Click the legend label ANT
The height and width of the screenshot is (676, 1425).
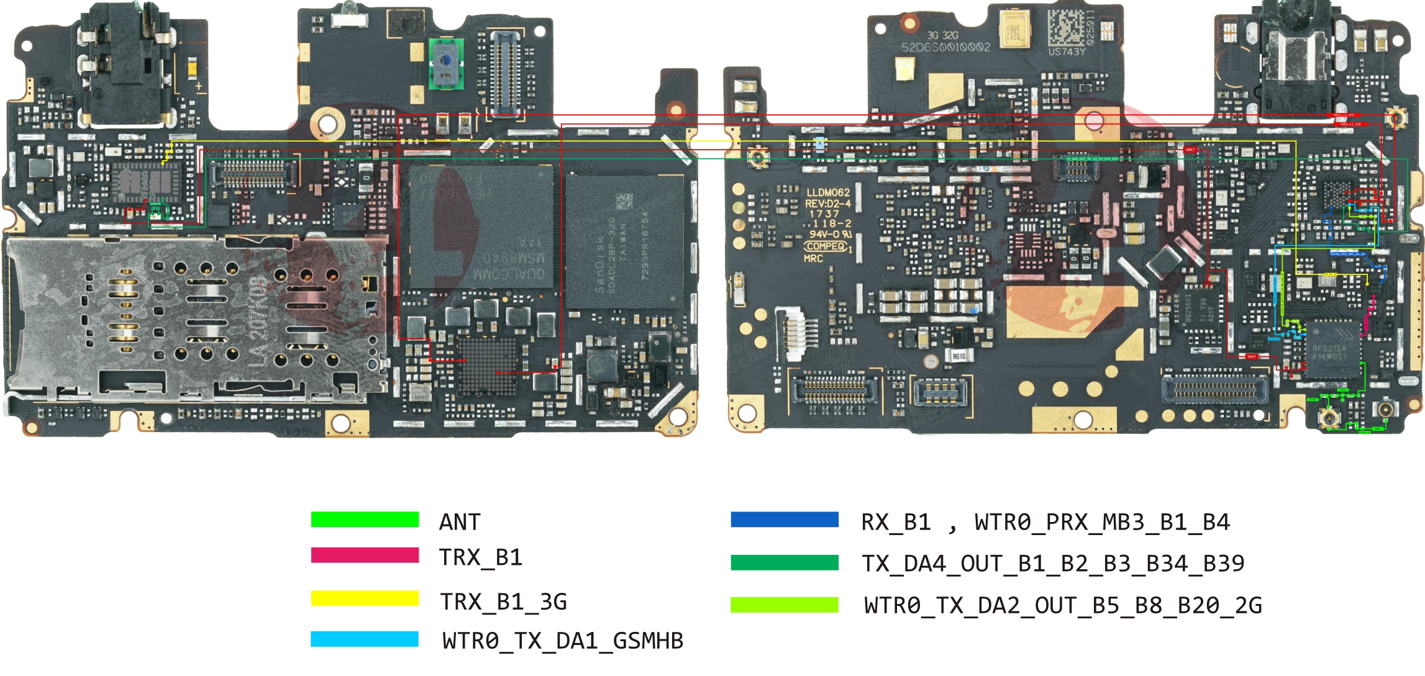pos(460,522)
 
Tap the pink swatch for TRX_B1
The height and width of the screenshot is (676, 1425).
pos(365,555)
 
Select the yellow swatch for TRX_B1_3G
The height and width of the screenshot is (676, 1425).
pos(365,598)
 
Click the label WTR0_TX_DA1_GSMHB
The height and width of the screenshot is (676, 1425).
pos(562,641)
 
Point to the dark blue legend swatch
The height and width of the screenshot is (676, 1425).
pos(785,520)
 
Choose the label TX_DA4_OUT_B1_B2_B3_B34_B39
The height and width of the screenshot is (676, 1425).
pos(1053,564)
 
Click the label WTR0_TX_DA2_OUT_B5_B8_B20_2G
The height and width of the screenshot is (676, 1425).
pos(1063,605)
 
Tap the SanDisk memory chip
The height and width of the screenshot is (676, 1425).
pos(624,242)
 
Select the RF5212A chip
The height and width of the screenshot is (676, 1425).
pos(1331,351)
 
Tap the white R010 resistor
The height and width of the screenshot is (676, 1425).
pos(958,356)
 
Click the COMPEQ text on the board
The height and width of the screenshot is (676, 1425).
pos(826,246)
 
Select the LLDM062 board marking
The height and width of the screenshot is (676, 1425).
pos(827,192)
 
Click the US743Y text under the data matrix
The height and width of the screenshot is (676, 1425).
pos(1067,52)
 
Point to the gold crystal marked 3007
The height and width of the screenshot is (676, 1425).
pos(1014,30)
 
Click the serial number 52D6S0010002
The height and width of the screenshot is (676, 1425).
pos(945,47)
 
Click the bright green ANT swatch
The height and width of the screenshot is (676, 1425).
pos(365,520)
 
